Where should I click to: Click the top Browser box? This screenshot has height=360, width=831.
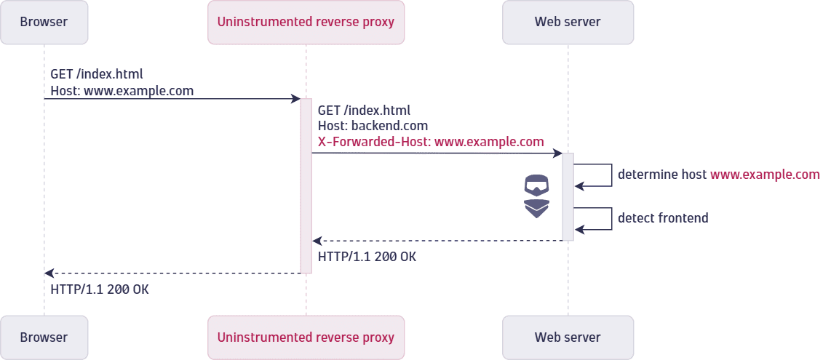pyautogui.click(x=44, y=22)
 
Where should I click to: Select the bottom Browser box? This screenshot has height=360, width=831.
pyautogui.click(x=44, y=337)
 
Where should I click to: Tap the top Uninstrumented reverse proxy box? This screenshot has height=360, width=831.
pyautogui.click(x=306, y=22)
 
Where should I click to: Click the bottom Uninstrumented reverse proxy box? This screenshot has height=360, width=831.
pyautogui.click(x=306, y=337)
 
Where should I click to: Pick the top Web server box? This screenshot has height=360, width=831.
pyautogui.click(x=568, y=22)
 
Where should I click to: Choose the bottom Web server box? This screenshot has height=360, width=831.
pyautogui.click(x=568, y=337)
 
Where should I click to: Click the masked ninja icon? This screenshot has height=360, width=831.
pyautogui.click(x=537, y=196)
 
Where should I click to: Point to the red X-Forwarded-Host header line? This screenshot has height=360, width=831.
pyautogui.click(x=431, y=142)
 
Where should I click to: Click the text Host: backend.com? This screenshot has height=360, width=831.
pyautogui.click(x=373, y=126)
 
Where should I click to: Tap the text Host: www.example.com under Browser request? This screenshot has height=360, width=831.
pyautogui.click(x=122, y=91)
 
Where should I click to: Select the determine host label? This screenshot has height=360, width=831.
pyautogui.click(x=718, y=175)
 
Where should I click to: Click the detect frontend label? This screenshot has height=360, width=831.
pyautogui.click(x=663, y=218)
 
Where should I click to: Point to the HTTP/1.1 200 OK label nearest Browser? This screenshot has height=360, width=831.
pyautogui.click(x=99, y=289)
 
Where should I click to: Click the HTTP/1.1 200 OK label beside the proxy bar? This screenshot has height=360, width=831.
pyautogui.click(x=367, y=257)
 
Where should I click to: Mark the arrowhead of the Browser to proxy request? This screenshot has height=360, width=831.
pyautogui.click(x=296, y=99)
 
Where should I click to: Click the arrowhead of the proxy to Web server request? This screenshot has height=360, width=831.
pyautogui.click(x=557, y=153)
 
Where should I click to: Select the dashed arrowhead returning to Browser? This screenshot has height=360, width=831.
pyautogui.click(x=49, y=273)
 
